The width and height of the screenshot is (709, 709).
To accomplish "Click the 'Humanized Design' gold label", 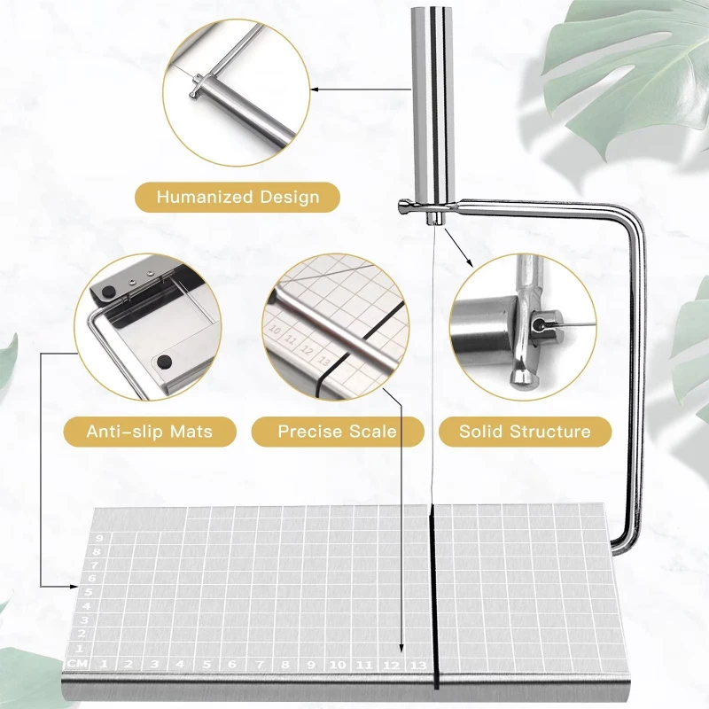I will tap(238, 197).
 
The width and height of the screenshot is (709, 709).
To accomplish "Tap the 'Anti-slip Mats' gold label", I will tap(149, 432).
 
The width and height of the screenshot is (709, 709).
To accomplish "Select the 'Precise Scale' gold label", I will tap(337, 432).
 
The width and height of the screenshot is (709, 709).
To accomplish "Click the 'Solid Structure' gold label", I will tap(525, 432).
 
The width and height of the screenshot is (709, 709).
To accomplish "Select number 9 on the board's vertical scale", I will tap(100, 538).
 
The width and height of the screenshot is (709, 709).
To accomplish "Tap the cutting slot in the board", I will tap(434, 603).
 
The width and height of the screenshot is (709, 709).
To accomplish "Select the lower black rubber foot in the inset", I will tap(165, 362).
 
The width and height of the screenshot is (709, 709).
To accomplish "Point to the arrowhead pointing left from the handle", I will tap(315, 88).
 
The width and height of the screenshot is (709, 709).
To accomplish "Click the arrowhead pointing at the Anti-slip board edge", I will tap(74, 586).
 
